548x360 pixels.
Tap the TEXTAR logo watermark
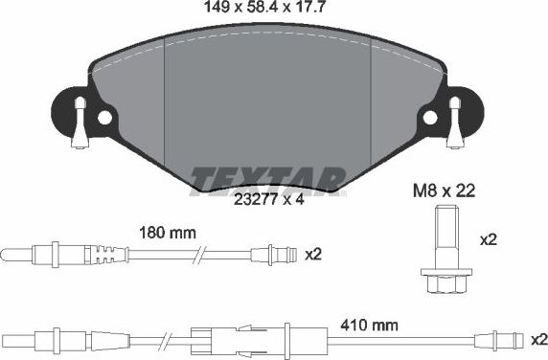(267, 178)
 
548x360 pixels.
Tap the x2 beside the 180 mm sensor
(314, 255)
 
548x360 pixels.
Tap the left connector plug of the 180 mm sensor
(38, 255)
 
